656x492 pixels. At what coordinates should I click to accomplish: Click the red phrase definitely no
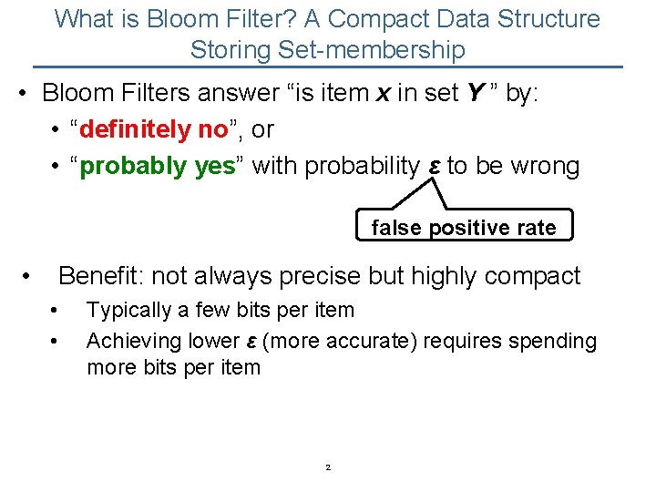pos(153,130)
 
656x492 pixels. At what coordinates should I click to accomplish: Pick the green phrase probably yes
pos(158,166)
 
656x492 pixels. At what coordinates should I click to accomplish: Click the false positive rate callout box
pos(464,228)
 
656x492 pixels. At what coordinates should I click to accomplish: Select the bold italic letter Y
pos(476,93)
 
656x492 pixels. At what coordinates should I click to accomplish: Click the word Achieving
pos(134,341)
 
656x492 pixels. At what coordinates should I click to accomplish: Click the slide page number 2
pos(328,468)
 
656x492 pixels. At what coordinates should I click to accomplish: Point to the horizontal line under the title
pos(328,67)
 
